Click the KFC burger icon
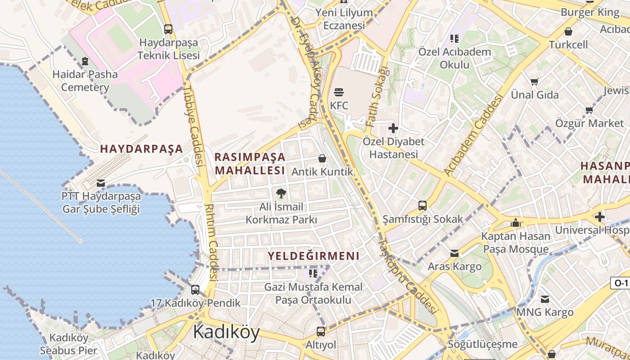[339, 92]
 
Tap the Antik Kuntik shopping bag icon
[322, 158]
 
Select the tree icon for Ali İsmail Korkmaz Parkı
[281, 193]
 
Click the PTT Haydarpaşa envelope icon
[101, 183]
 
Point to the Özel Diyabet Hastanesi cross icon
[393, 128]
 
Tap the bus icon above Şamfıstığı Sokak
[423, 206]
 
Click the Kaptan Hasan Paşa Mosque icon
[516, 223]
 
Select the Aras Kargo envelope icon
[454, 253]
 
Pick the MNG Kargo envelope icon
[545, 299]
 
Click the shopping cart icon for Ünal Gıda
[535, 82]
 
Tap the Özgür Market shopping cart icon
[589, 110]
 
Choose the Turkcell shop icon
[568, 31]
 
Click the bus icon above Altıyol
[321, 332]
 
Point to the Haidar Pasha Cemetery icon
[85, 61]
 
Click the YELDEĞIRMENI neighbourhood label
[314, 256]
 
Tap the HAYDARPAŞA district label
[141, 149]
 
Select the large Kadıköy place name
[226, 333]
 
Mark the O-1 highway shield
[621, 283]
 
